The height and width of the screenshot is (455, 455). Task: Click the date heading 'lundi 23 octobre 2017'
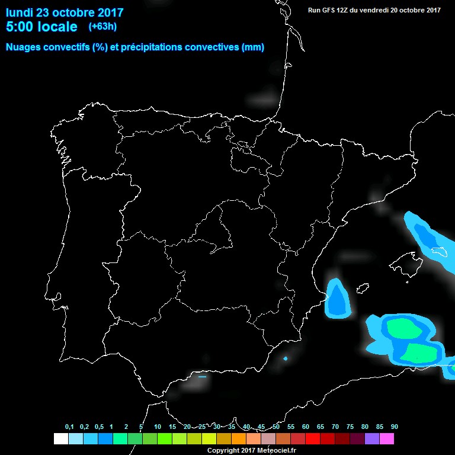(x=65, y=12)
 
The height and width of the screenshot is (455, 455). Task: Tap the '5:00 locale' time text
(x=41, y=27)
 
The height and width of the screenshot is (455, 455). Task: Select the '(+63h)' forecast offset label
(x=102, y=26)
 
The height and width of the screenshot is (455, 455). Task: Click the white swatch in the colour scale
(x=60, y=439)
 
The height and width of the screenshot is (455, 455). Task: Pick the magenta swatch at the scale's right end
(x=387, y=439)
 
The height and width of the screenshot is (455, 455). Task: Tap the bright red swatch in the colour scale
(x=313, y=439)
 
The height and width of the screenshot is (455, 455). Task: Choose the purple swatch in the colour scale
(x=372, y=439)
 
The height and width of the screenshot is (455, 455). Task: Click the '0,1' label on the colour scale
(x=69, y=427)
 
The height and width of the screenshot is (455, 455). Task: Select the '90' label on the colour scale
(x=394, y=427)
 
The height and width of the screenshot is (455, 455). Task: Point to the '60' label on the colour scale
(x=305, y=427)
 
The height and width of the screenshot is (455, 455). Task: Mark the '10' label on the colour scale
(x=157, y=427)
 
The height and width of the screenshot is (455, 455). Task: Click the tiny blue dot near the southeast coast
(x=286, y=358)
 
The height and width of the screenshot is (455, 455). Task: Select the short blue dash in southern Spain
(x=202, y=376)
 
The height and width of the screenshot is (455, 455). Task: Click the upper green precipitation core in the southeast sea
(x=403, y=328)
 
